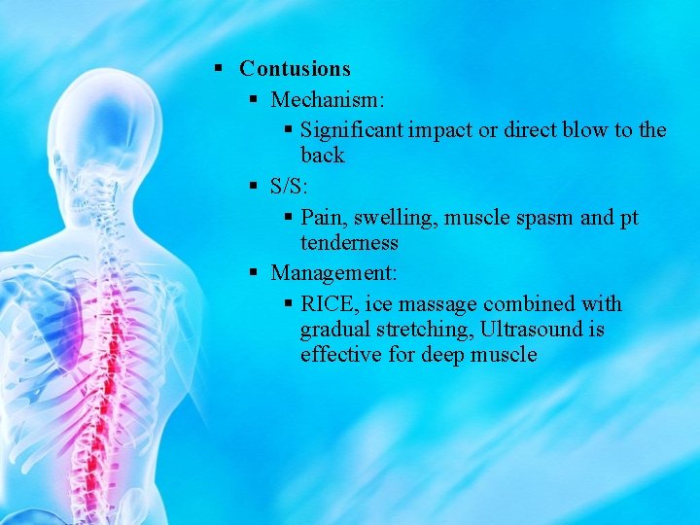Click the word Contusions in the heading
[x=295, y=69]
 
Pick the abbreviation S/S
[x=290, y=187]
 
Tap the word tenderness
[x=349, y=243]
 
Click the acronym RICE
[x=330, y=304]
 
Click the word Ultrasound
[x=527, y=330]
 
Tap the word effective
[x=341, y=355]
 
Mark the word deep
[x=445, y=355]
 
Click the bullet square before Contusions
[x=220, y=69]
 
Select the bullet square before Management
[x=253, y=273]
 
